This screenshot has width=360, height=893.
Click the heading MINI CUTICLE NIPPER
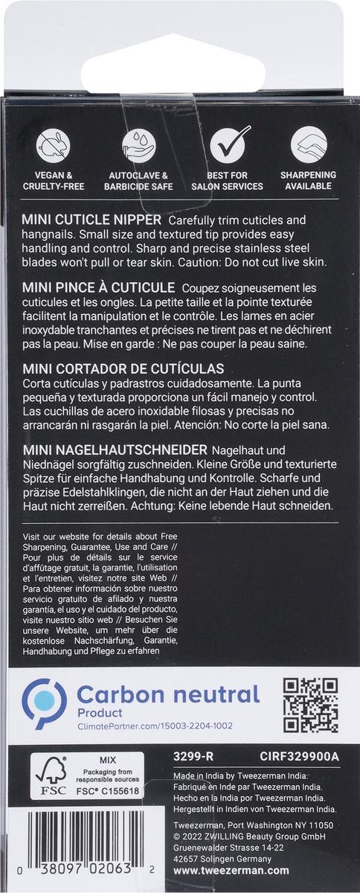pyautogui.click(x=92, y=222)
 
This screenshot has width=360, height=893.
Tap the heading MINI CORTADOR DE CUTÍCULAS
pyautogui.click(x=123, y=369)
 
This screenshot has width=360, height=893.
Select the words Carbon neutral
pyautogui.click(x=168, y=695)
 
